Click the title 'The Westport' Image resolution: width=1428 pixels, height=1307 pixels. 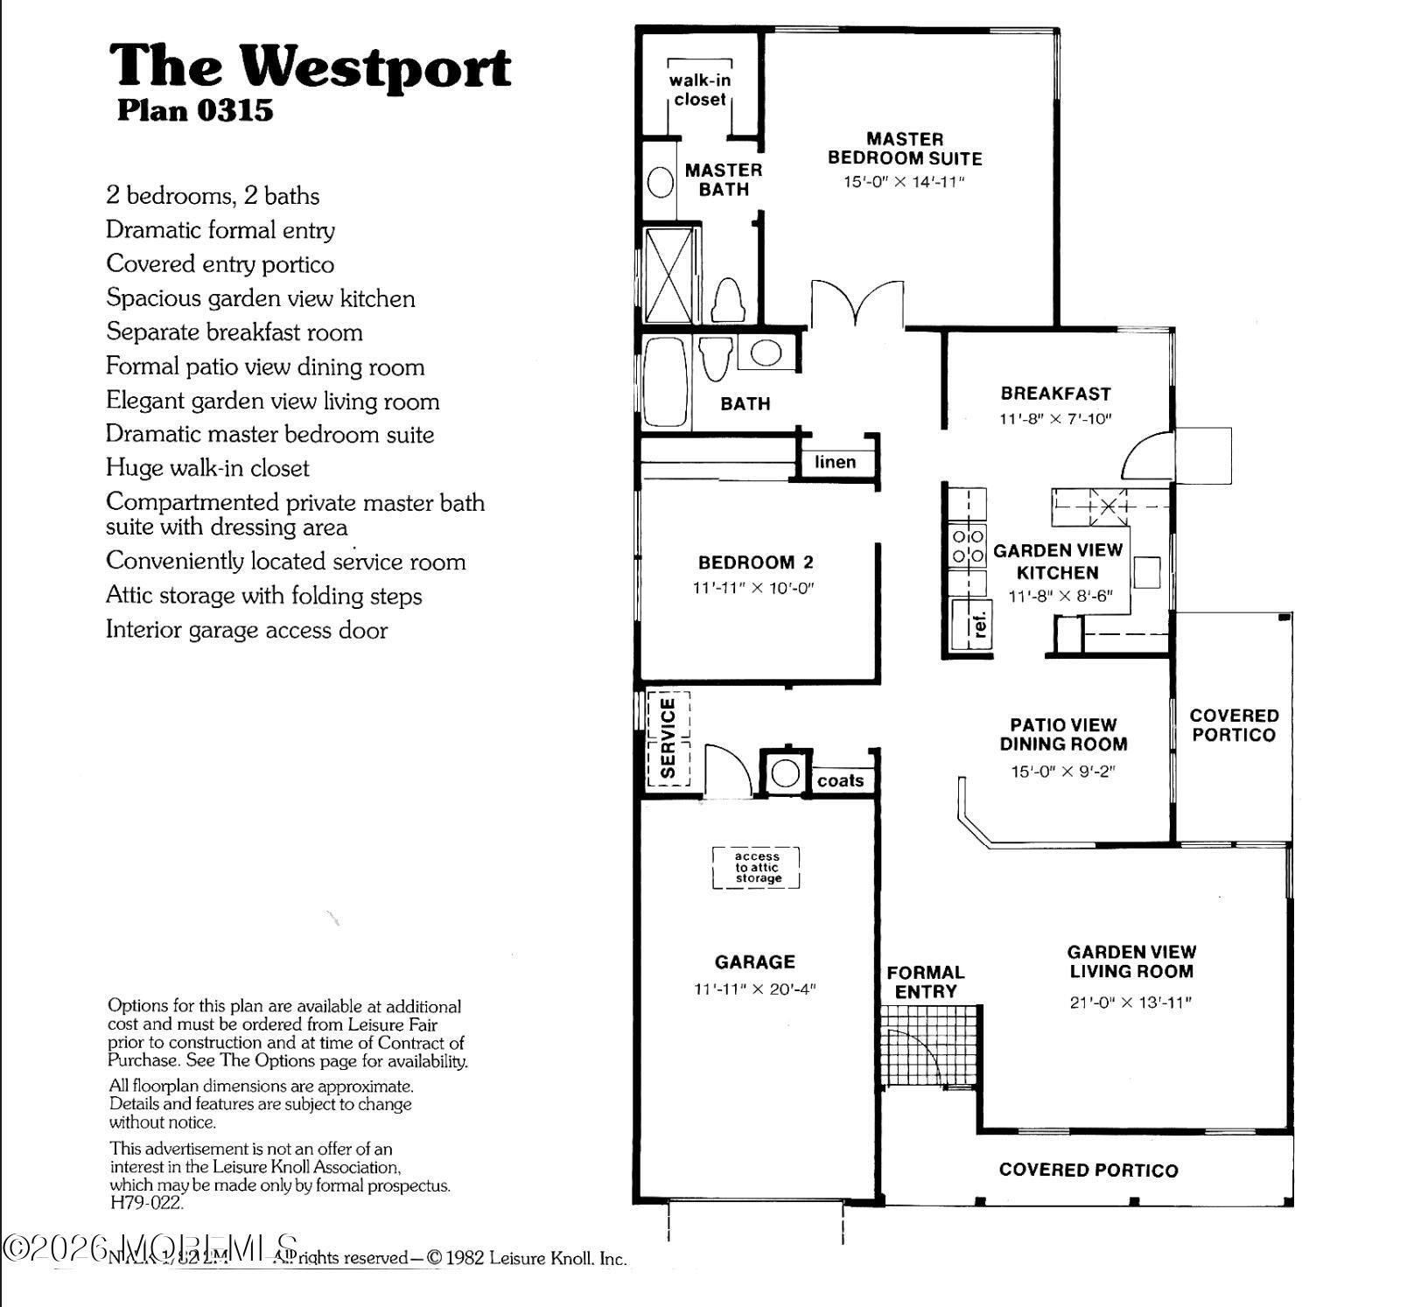310,66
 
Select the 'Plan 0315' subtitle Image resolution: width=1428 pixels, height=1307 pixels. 195,111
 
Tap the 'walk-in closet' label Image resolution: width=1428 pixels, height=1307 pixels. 700,89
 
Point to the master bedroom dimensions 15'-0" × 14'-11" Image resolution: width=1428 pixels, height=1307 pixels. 904,182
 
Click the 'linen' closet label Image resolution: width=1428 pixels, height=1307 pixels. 835,462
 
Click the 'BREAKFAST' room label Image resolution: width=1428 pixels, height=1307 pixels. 1055,394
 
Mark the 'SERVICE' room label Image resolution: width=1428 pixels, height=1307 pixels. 668,737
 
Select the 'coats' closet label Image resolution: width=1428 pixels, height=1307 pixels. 840,780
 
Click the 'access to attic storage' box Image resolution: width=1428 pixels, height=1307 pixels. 757,868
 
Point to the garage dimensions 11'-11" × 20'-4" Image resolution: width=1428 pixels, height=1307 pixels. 754,989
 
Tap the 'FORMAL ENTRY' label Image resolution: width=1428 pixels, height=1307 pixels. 926,982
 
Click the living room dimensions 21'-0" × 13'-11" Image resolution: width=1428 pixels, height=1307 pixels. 1130,1003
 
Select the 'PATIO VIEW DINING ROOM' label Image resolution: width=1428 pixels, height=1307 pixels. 1063,734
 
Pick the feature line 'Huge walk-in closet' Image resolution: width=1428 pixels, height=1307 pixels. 207,468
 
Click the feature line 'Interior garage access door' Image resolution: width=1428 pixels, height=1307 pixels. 247,630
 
